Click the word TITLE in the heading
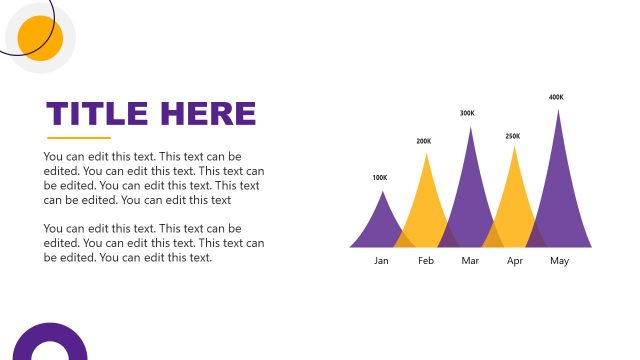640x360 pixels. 97,113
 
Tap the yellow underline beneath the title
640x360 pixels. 79,138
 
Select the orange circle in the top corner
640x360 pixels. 41,38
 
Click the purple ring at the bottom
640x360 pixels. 49,343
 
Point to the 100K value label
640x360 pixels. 379,178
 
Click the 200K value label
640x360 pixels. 424,141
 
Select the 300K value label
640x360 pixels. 467,113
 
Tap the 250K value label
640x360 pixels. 512,136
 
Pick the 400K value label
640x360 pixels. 556,97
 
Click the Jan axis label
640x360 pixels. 381,261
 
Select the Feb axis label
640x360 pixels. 426,261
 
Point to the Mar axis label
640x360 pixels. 471,261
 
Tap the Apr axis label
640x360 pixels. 515,261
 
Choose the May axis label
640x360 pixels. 559,261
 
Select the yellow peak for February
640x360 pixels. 425,200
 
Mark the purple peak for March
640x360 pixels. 469,190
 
